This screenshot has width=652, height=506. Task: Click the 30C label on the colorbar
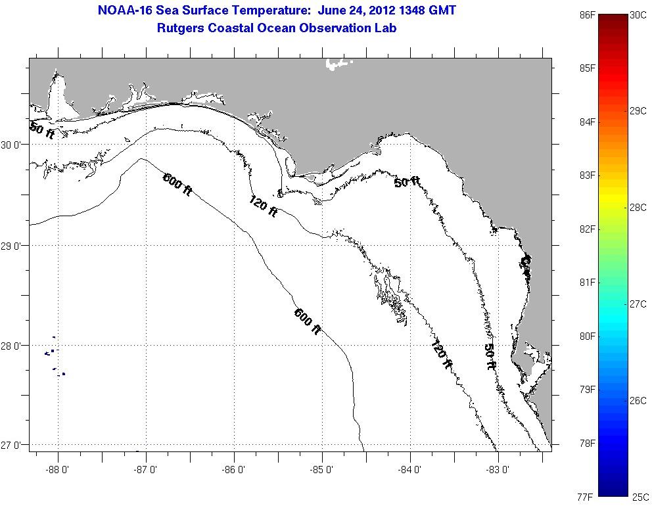pyautogui.click(x=638, y=14)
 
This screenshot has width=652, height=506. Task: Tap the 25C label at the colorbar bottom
pyautogui.click(x=641, y=497)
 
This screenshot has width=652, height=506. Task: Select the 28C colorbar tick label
pyautogui.click(x=638, y=207)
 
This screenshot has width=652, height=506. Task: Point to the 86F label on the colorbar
pyautogui.click(x=588, y=14)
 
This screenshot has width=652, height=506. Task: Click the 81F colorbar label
pyautogui.click(x=588, y=283)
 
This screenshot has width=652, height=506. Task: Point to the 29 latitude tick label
pyautogui.click(x=14, y=246)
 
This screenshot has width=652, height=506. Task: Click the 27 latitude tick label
pyautogui.click(x=14, y=445)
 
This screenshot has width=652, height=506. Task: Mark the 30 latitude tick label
pyautogui.click(x=14, y=145)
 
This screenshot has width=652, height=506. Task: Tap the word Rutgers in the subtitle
pyautogui.click(x=180, y=28)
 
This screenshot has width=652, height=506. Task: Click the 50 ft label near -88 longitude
pyautogui.click(x=42, y=129)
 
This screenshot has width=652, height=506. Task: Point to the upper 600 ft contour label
pyautogui.click(x=177, y=183)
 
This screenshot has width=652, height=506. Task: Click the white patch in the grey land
pyautogui.click(x=338, y=64)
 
